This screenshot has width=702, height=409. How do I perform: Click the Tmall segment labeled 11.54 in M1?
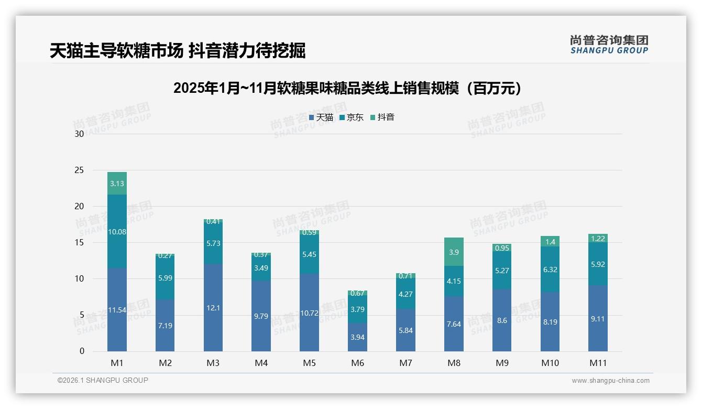(x=117, y=309)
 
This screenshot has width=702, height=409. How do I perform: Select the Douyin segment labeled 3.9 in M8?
(x=454, y=252)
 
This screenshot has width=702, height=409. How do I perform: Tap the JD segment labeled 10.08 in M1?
(x=117, y=231)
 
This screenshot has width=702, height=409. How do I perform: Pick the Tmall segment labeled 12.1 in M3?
(x=213, y=308)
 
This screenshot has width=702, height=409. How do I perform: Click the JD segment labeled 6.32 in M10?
(x=550, y=269)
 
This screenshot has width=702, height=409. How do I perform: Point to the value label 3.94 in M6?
(x=357, y=337)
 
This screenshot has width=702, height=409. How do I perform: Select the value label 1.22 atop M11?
(x=598, y=238)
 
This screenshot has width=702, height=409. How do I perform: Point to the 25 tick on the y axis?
(x=79, y=170)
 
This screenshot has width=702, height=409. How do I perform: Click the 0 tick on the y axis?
(x=82, y=351)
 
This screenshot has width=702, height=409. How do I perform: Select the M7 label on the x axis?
(x=405, y=363)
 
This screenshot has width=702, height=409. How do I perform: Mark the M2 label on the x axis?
(x=165, y=363)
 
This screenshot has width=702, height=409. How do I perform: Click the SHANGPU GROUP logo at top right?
(x=609, y=45)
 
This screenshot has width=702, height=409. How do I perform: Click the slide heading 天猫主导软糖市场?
(x=116, y=51)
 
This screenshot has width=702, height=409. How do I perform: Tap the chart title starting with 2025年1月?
(x=348, y=88)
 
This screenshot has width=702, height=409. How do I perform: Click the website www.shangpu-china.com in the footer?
(x=610, y=381)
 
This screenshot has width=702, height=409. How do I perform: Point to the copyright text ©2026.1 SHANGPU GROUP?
(x=103, y=380)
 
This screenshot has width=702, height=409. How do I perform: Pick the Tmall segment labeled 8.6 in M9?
(x=502, y=320)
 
